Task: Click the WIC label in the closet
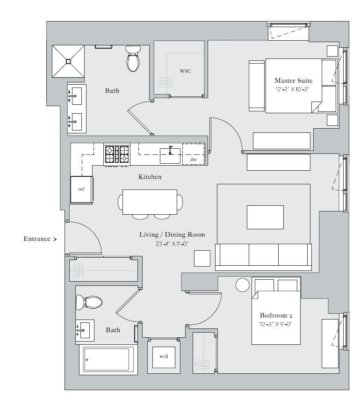[186, 71]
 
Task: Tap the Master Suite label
[293, 80]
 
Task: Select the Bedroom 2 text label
[276, 315]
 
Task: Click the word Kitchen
[150, 177]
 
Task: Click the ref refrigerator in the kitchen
[81, 189]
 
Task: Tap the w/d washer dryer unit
[164, 356]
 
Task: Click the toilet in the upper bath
[133, 60]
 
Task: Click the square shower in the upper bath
[68, 61]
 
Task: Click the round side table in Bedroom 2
[243, 285]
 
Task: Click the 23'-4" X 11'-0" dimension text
[173, 244]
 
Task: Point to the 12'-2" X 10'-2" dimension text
[293, 88]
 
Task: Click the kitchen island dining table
[150, 202]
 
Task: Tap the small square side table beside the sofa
[202, 258]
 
